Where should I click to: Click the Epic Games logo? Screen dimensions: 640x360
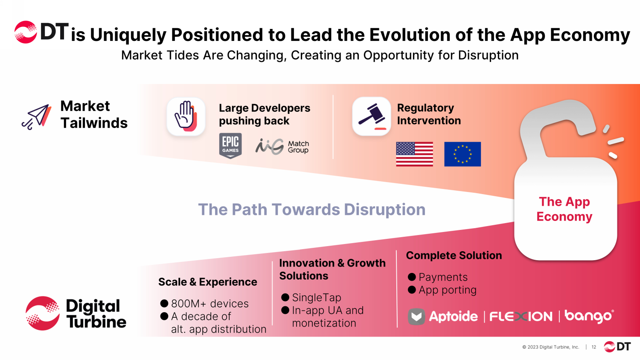230,146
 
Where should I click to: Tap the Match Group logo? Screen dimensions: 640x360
282,147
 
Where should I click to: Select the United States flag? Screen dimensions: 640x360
414,154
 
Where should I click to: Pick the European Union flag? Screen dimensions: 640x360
462,154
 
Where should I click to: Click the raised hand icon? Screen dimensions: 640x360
186,116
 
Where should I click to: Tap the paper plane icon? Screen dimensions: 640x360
37,117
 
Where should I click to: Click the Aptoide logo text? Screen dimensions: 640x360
453,316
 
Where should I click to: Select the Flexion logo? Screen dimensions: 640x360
521,316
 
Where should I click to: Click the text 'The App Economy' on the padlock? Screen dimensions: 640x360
564,209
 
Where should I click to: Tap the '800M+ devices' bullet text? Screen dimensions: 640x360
210,303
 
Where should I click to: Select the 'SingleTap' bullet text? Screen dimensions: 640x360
317,297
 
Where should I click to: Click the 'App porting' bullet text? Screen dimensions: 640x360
448,290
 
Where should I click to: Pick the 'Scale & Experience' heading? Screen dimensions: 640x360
208,282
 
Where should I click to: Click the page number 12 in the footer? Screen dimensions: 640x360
594,347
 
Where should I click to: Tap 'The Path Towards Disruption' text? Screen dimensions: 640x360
312,209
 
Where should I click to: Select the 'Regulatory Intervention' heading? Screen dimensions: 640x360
429,114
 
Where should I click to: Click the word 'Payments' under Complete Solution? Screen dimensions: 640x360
443,277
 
